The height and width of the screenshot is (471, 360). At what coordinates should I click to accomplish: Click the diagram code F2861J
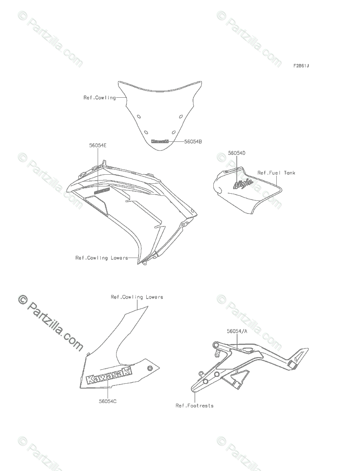tap(301, 66)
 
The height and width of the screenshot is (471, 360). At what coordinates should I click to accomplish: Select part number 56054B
tap(193, 141)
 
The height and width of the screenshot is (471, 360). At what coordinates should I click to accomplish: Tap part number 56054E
tap(98, 146)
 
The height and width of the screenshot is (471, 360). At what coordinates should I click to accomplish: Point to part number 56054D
tap(237, 153)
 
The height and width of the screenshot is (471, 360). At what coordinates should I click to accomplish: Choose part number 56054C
tap(108, 401)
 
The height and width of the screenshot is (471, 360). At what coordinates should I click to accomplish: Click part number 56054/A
tap(236, 331)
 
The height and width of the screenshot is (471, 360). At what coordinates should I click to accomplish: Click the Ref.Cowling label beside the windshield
tap(99, 98)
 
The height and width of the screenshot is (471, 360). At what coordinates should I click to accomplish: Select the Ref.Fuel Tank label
tap(276, 172)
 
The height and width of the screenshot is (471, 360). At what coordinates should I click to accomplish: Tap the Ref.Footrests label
tap(194, 406)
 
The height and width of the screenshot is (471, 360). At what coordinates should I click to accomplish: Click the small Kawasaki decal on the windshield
tap(160, 141)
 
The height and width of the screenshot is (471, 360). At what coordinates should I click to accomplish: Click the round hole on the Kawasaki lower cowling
tap(150, 368)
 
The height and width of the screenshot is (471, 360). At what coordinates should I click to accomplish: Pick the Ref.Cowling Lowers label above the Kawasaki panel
tap(137, 297)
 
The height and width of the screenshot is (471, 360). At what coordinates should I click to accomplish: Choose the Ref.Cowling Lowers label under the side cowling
tap(101, 258)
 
